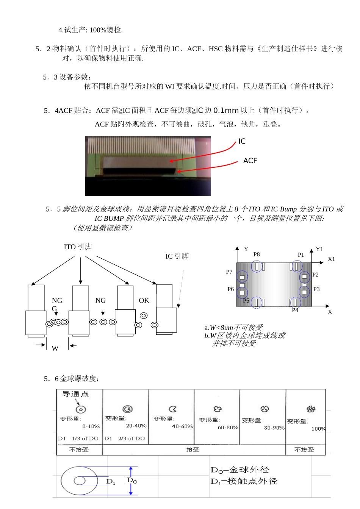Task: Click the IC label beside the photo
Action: pyautogui.click(x=242, y=141)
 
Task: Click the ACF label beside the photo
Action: pyautogui.click(x=250, y=161)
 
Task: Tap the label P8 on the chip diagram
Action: pyautogui.click(x=257, y=254)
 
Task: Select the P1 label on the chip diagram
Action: pyautogui.click(x=301, y=255)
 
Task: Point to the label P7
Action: pyautogui.click(x=229, y=272)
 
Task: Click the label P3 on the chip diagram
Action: pyautogui.click(x=316, y=289)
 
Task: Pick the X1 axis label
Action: pyautogui.click(x=331, y=259)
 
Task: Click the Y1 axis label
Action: pyautogui.click(x=319, y=249)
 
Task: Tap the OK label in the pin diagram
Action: pyautogui.click(x=144, y=300)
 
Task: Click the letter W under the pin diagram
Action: pyautogui.click(x=55, y=348)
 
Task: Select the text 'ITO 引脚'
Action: pyautogui.click(x=78, y=247)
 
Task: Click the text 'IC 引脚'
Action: pyautogui.click(x=177, y=256)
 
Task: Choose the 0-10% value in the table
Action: pyautogui.click(x=91, y=426)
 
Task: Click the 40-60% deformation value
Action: pyautogui.click(x=182, y=426)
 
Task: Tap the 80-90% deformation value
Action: pyautogui.click(x=274, y=428)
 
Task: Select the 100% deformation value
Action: pyautogui.click(x=319, y=429)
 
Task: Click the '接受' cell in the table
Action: pyautogui.click(x=193, y=450)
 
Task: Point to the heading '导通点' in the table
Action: pyautogui.click(x=75, y=394)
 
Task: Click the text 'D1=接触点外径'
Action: pyautogui.click(x=244, y=481)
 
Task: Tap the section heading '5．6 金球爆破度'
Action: pyautogui.click(x=72, y=379)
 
